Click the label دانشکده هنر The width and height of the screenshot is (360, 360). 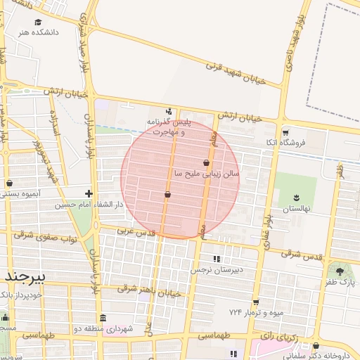[x=39, y=32]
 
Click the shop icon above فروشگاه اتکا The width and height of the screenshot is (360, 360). [x=285, y=132]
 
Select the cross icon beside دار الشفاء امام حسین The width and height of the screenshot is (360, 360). [x=89, y=193]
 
